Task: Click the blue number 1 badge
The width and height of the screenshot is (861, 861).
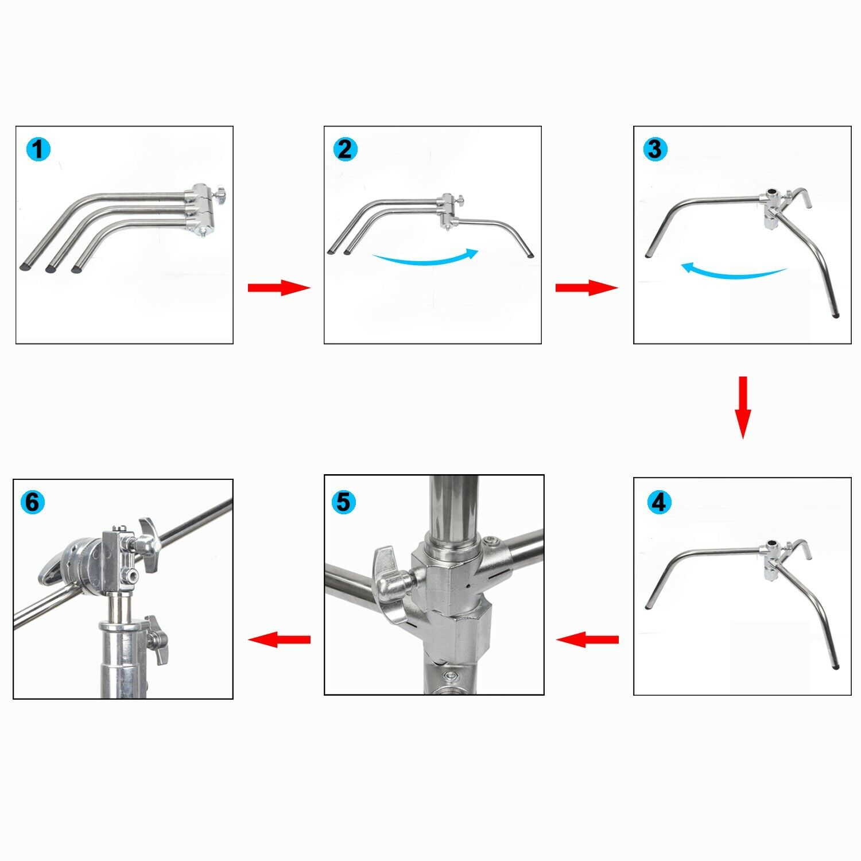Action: [x=38, y=150]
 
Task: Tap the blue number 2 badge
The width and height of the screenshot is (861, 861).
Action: [x=345, y=149]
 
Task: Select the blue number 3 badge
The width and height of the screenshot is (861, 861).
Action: [x=654, y=149]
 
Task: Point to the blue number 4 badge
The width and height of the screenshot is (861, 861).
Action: [x=659, y=502]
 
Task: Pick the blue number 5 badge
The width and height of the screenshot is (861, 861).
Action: [x=343, y=502]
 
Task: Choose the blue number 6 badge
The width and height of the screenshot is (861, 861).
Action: [x=33, y=502]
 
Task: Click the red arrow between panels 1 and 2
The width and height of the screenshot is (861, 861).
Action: [x=278, y=288]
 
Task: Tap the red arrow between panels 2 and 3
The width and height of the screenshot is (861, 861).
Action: [x=586, y=288]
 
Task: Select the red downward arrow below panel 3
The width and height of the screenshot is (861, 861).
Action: [x=743, y=407]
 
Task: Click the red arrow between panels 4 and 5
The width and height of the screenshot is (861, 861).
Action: [x=587, y=639]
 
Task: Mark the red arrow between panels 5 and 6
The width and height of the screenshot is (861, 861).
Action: [x=279, y=639]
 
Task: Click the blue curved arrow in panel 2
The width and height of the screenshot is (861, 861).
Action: [x=425, y=258]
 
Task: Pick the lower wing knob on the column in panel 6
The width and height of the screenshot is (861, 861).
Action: [x=157, y=639]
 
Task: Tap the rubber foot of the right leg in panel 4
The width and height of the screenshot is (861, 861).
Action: [x=835, y=667]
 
